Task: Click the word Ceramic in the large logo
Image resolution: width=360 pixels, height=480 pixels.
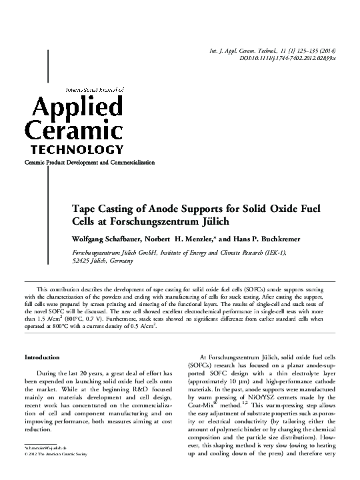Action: pos(73,128)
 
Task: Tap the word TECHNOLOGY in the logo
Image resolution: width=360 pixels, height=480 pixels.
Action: pos(73,149)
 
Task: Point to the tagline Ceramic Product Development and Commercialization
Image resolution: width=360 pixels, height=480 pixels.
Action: pos(89,163)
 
